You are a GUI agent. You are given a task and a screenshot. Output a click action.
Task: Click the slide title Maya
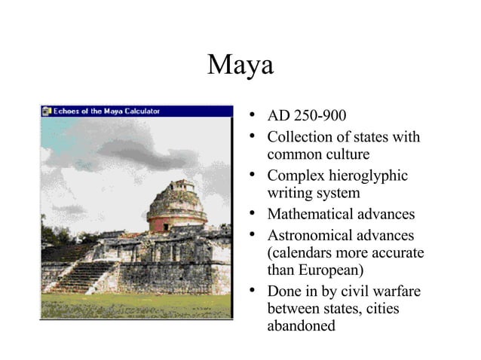[240, 66]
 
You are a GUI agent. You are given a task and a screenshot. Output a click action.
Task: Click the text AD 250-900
[307, 117]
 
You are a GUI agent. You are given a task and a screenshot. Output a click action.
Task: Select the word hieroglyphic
[366, 175]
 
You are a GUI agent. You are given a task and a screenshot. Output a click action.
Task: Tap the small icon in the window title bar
[47, 111]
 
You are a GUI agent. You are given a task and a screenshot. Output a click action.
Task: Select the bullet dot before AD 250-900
[256, 117]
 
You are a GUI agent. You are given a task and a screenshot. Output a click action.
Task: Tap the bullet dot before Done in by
[256, 291]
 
